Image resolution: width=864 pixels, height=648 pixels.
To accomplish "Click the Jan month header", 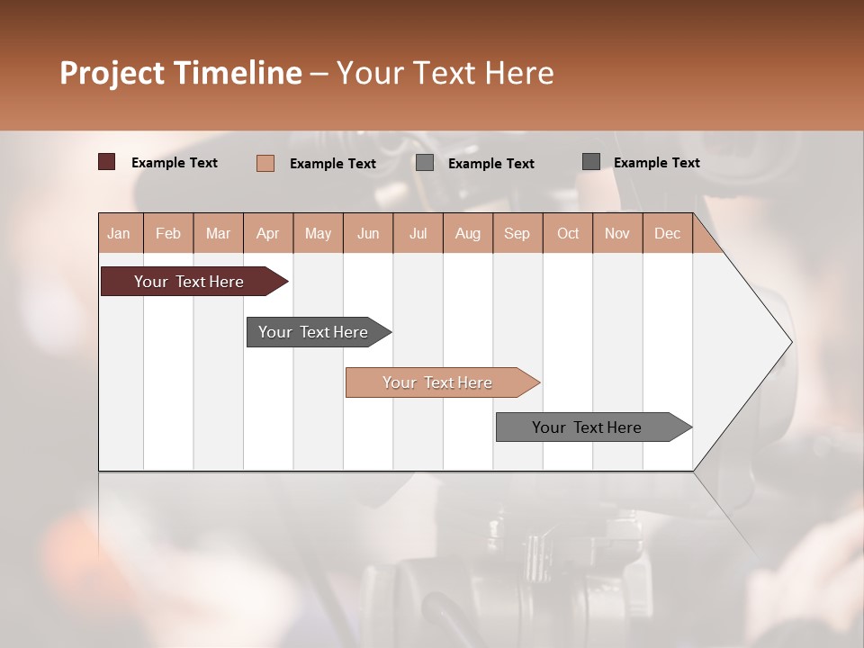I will point(120,233).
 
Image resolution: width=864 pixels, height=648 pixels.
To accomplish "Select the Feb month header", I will point(168,233).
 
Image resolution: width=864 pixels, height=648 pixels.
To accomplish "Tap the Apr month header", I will point(268,233).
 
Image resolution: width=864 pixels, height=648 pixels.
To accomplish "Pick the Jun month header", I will point(368,233).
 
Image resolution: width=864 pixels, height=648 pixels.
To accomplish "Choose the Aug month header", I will point(468,233).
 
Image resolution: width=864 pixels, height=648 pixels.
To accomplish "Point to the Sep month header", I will point(517,233).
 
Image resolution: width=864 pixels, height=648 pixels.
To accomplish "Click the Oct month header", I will point(568,233).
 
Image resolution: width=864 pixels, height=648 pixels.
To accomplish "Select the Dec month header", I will point(668,233).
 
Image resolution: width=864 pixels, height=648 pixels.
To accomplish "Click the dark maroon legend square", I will point(107,162).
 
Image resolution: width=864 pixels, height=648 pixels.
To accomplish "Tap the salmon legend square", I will point(265,163).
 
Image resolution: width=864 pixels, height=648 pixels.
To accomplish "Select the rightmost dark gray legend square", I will point(591,162).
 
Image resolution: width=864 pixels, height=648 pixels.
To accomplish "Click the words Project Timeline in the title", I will point(181,73).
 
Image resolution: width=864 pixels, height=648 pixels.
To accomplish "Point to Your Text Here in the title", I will point(445,73).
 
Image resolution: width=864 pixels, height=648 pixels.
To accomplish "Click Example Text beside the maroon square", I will point(175,163).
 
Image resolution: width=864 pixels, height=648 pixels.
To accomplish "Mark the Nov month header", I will point(617,233).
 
